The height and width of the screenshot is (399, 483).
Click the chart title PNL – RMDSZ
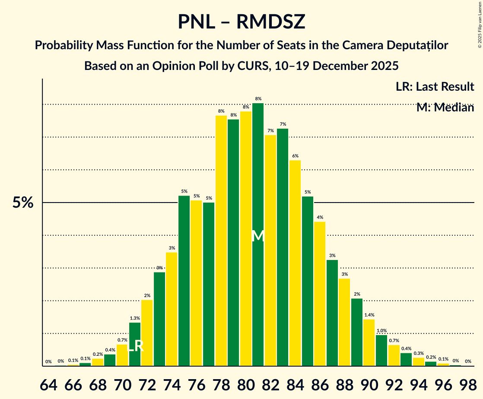[241, 22]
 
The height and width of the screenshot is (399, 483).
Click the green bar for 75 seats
[184, 281]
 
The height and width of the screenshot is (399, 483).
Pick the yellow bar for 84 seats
[296, 263]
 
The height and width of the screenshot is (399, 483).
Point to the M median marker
[258, 236]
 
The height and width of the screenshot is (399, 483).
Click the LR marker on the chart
[136, 346]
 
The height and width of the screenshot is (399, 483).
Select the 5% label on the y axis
[23, 203]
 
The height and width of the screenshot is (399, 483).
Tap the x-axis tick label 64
[48, 384]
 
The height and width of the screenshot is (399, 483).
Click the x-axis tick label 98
[468, 384]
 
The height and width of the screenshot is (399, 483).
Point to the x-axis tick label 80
[246, 384]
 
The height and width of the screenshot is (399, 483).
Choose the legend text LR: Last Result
[435, 87]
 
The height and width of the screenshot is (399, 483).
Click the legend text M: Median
[445, 108]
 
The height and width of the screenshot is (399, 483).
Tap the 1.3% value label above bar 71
[135, 318]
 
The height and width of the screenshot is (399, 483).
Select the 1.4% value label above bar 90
[369, 315]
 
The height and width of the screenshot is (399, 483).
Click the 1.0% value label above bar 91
[381, 331]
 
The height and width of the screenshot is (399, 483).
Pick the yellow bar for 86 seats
[320, 294]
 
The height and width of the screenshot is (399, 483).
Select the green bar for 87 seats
[332, 313]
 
